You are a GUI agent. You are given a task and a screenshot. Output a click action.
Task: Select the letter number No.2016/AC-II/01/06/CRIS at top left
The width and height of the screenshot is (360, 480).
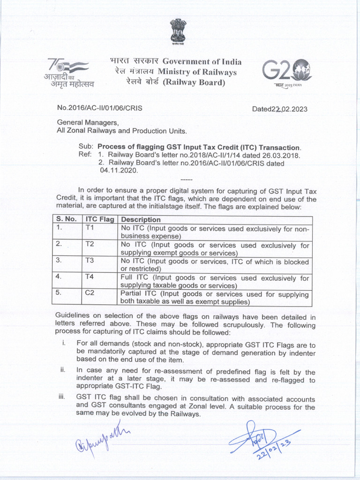[99, 108]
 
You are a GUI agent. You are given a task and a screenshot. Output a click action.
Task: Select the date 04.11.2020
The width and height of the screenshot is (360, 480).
[117, 171]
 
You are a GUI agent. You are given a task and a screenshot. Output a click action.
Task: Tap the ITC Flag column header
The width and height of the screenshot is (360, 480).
[100, 219]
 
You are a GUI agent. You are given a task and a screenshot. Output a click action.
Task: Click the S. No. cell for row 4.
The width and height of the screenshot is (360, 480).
[59, 277]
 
